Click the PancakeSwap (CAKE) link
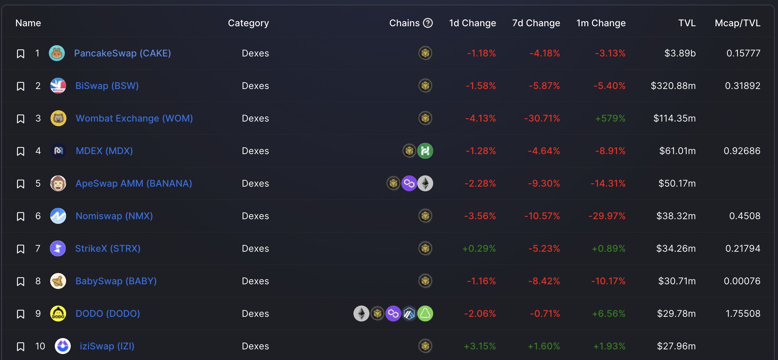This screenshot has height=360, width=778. point(122,53)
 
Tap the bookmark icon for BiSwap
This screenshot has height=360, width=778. point(21,86)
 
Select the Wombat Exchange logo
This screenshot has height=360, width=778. point(58,118)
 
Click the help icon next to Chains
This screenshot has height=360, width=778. point(428,23)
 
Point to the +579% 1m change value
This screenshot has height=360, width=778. point(610,118)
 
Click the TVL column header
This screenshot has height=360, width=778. point(687,23)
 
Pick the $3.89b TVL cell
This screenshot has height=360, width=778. point(680,53)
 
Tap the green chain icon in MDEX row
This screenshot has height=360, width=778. point(425,151)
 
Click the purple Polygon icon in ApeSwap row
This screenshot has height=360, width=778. point(409,183)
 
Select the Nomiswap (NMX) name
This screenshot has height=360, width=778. point(114,216)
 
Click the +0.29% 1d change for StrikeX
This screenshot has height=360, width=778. point(479,248)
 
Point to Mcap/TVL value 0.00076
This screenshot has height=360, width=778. point(742,281)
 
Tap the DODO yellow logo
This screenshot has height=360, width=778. point(58,314)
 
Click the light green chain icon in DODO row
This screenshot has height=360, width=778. point(425,314)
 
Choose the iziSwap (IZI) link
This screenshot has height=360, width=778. point(107,346)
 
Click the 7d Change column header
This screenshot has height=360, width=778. point(536,23)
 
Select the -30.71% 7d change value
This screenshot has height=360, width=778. point(542,118)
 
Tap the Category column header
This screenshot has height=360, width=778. point(248,23)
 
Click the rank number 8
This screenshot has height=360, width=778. point(38,281)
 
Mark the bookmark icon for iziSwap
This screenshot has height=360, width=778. point(21,347)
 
